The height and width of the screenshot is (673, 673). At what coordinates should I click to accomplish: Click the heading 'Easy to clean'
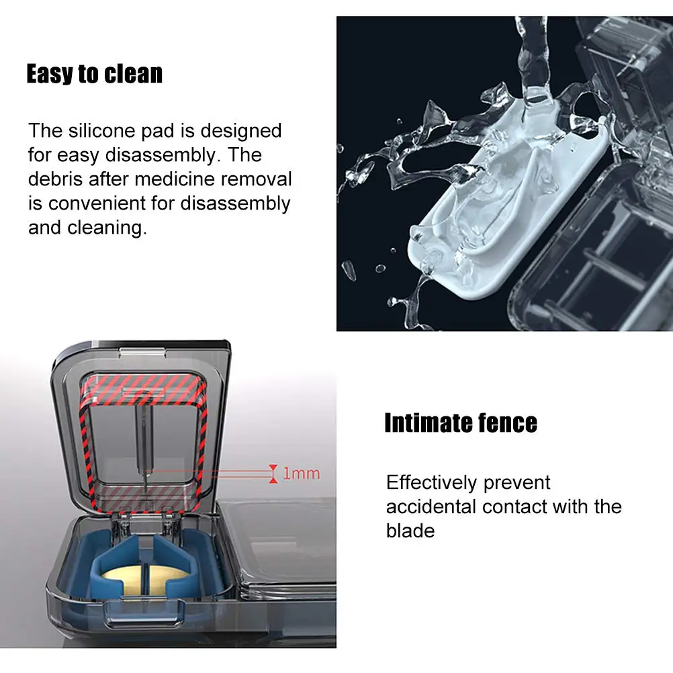(94, 74)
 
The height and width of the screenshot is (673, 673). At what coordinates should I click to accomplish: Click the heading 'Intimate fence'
(461, 423)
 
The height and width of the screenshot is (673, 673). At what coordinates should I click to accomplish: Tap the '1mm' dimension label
(301, 474)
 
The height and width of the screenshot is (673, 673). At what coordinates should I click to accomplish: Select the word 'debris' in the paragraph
(56, 179)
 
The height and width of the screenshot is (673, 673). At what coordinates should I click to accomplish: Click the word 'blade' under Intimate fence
(410, 531)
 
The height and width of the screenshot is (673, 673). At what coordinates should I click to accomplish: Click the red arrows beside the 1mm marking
(273, 473)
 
